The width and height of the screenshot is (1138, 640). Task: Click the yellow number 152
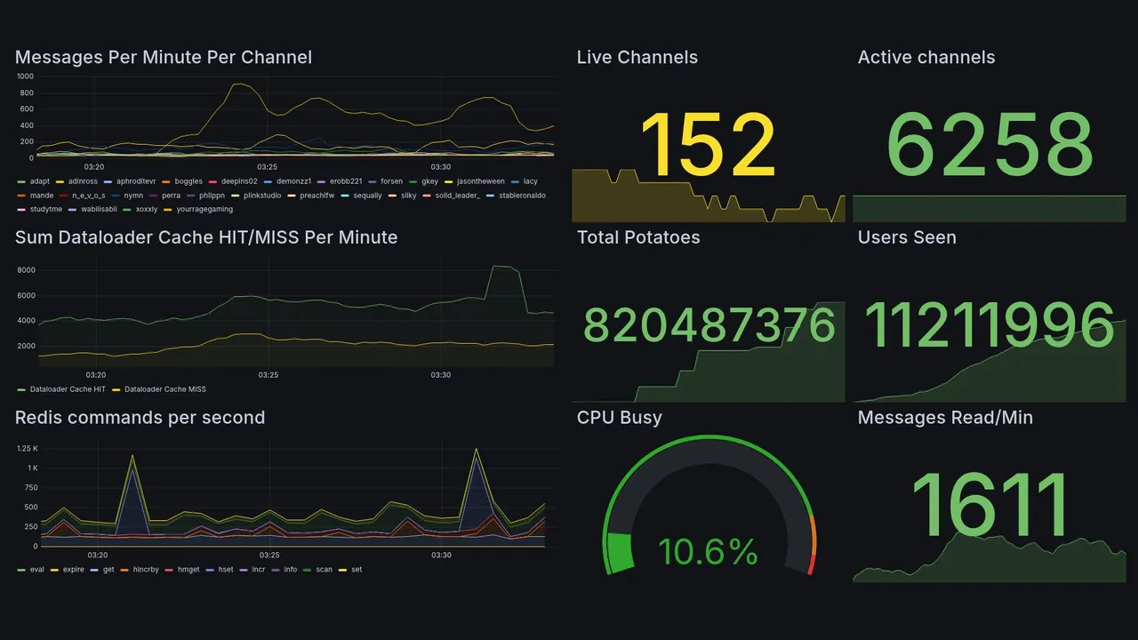pos(708,145)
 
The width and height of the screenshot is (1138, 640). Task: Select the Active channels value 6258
pos(990,145)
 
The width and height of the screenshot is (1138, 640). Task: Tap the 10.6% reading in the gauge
pos(708,552)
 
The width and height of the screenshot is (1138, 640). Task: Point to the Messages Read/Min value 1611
pos(990,505)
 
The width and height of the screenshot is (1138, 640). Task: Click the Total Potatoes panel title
pos(637,237)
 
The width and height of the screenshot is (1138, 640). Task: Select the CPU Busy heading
pos(619,418)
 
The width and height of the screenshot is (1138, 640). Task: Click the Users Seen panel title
pos(907,237)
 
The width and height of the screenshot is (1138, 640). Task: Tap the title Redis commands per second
pos(140,418)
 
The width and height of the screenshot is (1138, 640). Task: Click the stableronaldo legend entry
pos(522,196)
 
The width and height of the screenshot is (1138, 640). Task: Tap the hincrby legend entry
pos(145,570)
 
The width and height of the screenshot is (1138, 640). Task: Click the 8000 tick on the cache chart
pos(26,270)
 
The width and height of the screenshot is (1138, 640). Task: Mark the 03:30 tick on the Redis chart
pos(441,556)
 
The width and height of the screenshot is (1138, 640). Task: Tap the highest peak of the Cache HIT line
pos(503,266)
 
